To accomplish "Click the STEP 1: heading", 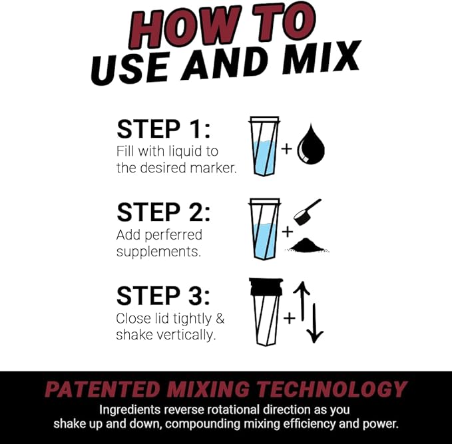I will (163, 129).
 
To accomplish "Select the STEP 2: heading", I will (163, 212).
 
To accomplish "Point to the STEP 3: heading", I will (163, 296).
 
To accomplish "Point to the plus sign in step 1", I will (287, 148).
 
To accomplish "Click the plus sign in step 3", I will (289, 318).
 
